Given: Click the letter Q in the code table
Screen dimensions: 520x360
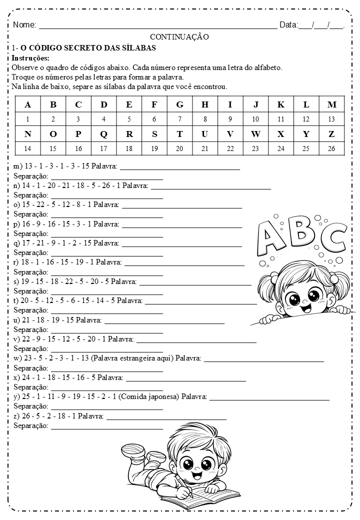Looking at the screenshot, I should tap(103, 133).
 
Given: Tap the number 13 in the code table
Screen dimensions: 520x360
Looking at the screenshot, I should tap(331, 119).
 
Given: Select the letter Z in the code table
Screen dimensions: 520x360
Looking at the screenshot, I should tap(331, 133).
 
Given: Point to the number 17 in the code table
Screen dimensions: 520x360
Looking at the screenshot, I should tap(103, 148).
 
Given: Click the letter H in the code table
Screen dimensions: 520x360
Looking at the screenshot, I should tap(205, 104).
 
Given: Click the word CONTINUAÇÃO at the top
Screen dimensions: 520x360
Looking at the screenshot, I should tap(179, 36).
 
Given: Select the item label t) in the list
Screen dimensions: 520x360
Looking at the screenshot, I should tap(16, 300).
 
